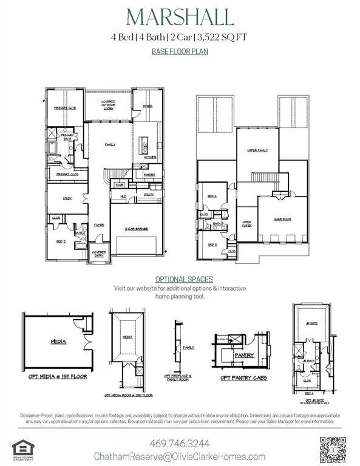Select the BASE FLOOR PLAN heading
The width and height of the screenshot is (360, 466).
click(180, 52)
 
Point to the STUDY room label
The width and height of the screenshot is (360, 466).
click(67, 198)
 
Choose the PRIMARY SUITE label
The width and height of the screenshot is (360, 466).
click(65, 107)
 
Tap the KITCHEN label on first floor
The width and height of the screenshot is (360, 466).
click(150, 157)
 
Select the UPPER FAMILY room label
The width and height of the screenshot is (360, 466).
click(257, 150)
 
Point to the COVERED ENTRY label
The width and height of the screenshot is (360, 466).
click(98, 254)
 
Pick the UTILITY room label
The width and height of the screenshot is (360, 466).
click(149, 194)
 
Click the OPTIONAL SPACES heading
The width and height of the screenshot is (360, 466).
click(180, 279)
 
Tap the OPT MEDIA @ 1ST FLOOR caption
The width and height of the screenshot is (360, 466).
click(58, 376)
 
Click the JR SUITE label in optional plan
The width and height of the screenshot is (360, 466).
click(312, 323)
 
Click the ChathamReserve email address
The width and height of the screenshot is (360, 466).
click(180, 456)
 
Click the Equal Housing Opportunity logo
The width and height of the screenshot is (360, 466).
click(23, 450)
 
